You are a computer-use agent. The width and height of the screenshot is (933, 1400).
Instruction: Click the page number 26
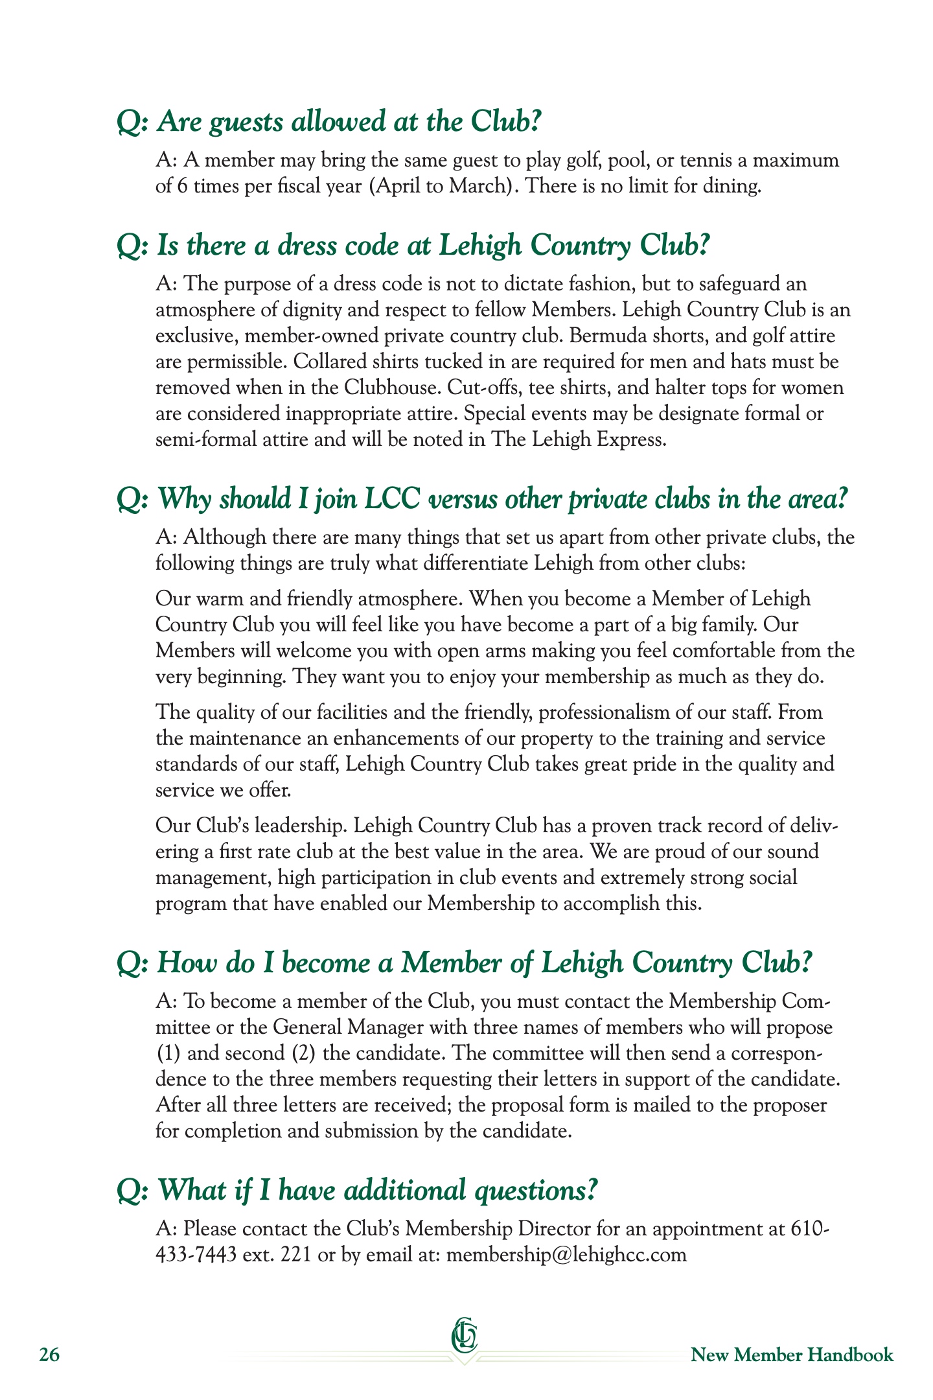(x=49, y=1355)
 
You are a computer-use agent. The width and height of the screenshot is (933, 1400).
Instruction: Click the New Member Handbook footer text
(x=792, y=1355)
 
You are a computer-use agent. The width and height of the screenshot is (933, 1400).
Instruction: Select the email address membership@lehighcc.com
(x=567, y=1254)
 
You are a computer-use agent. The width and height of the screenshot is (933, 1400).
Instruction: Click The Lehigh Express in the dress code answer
(x=577, y=439)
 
